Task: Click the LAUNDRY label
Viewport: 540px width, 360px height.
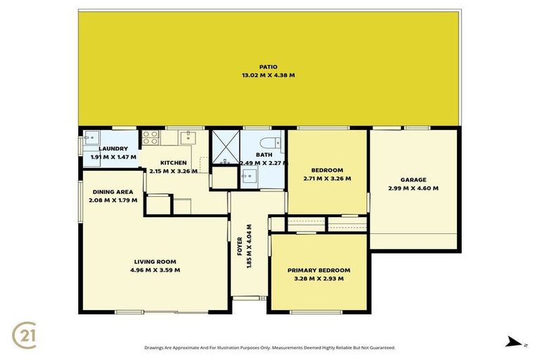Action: click(113, 148)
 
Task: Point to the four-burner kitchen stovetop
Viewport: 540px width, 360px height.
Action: click(150, 137)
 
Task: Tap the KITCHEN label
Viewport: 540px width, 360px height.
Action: click(173, 163)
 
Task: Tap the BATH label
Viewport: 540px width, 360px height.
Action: click(264, 155)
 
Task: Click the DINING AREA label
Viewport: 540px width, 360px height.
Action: click(113, 192)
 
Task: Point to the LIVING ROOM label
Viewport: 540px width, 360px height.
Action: click(154, 262)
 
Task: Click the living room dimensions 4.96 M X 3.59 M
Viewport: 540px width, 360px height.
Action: click(154, 269)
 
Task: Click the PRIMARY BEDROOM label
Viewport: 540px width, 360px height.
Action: click(319, 271)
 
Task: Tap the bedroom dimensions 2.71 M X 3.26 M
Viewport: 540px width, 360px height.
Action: click(327, 179)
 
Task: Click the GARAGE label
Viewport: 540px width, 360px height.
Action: click(413, 180)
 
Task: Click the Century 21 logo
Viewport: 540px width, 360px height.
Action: click(25, 334)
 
